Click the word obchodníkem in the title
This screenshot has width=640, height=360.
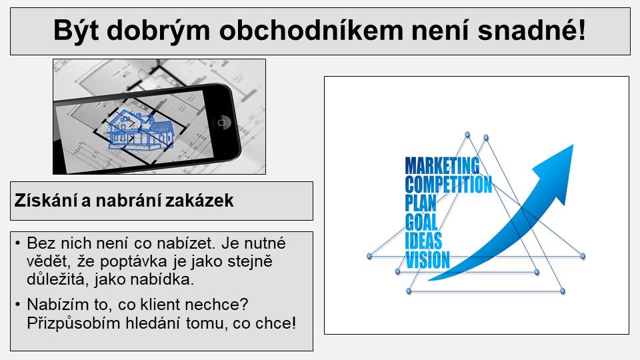(x=311, y=30)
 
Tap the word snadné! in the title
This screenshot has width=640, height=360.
(x=532, y=30)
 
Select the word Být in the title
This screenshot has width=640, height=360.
(x=76, y=31)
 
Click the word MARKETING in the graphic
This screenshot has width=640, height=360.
(x=443, y=166)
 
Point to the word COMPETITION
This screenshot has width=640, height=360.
(x=449, y=185)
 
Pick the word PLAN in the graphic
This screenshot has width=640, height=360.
(x=421, y=203)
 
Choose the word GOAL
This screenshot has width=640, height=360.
(x=421, y=222)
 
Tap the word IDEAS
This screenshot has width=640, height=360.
(x=423, y=241)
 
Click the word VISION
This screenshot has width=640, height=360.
(x=427, y=259)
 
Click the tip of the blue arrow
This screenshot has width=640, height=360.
(x=573, y=145)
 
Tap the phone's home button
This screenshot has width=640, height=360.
(x=221, y=123)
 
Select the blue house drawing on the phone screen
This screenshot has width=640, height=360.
(x=139, y=130)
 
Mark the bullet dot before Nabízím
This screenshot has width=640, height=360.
(x=17, y=305)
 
